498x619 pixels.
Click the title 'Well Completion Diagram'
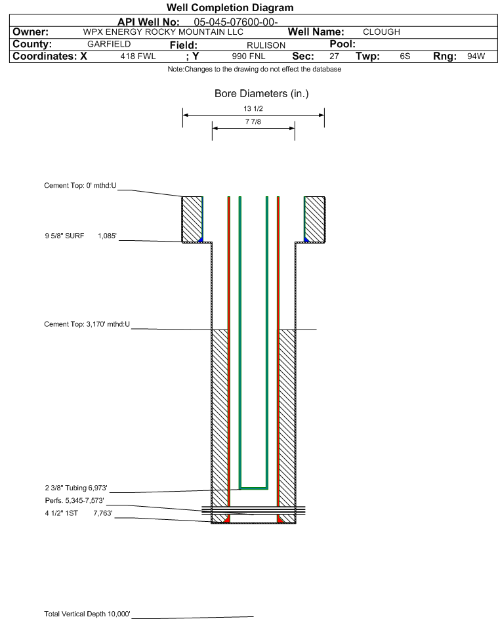click(x=230, y=7)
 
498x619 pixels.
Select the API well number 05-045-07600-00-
click(x=236, y=22)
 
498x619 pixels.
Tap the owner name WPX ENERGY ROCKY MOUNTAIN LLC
click(x=163, y=32)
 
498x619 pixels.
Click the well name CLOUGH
click(x=381, y=32)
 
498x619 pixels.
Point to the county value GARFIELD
click(x=109, y=44)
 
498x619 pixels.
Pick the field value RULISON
click(x=266, y=45)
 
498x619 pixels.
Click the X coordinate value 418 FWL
click(x=138, y=56)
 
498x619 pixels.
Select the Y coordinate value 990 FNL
click(x=249, y=56)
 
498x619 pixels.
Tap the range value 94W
click(x=476, y=56)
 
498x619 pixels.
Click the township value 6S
click(x=405, y=56)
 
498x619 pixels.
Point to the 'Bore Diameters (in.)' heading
click(x=262, y=94)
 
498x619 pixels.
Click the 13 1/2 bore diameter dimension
click(x=253, y=108)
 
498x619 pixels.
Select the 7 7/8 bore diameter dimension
click(x=253, y=121)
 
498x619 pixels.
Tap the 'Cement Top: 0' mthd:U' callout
click(x=80, y=186)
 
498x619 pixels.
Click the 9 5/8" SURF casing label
click(x=64, y=236)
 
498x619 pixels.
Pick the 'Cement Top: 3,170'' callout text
click(x=87, y=324)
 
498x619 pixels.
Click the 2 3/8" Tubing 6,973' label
click(x=75, y=488)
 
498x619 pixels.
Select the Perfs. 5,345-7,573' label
click(x=74, y=501)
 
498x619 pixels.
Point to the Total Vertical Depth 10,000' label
click(x=87, y=614)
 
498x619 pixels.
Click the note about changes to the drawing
click(x=254, y=69)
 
